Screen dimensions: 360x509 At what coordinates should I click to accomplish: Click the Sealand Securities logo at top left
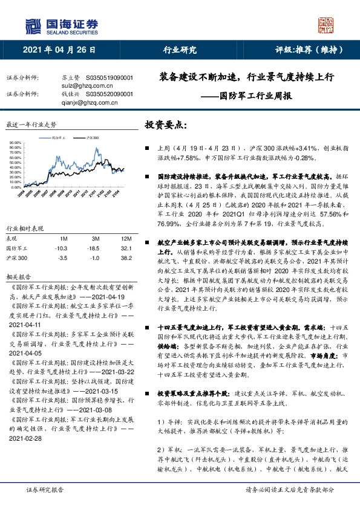point(60,25)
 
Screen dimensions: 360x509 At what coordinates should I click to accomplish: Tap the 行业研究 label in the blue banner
point(180,50)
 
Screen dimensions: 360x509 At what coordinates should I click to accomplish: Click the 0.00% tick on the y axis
point(18,187)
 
